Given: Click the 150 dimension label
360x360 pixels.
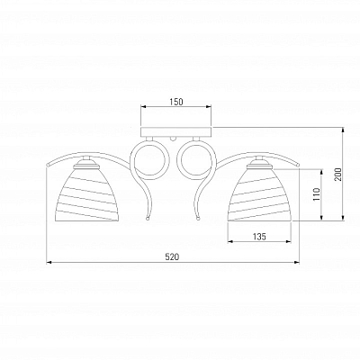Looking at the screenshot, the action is pyautogui.click(x=176, y=102).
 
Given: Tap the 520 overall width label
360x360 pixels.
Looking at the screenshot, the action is pyautogui.click(x=173, y=257).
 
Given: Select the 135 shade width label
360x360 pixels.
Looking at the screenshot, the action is pyautogui.click(x=259, y=237).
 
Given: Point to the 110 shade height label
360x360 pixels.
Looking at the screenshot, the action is pyautogui.click(x=316, y=194).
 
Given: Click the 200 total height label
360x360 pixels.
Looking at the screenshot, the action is pyautogui.click(x=338, y=174).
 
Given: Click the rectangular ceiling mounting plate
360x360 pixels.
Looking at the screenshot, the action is pyautogui.click(x=176, y=132).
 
